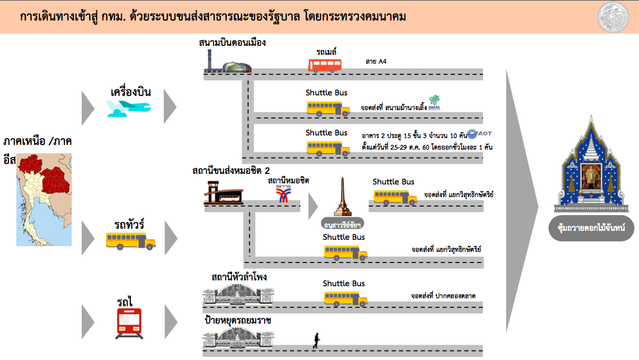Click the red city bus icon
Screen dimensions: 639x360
coord(325,65)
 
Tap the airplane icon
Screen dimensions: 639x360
coord(129,109)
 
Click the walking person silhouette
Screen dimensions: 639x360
coord(316,340)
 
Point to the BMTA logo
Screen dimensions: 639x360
coord(434,103)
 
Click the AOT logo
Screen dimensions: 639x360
coord(480,133)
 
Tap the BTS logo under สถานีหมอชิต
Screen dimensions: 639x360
coord(283,194)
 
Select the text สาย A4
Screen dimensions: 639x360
coord(376,61)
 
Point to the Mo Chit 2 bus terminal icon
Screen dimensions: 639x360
coord(224,193)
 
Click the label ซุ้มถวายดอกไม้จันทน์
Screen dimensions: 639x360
coord(592,228)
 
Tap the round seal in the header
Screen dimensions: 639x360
coord(613,17)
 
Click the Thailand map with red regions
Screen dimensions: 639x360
coord(44,200)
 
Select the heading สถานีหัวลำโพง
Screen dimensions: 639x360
coord(239,277)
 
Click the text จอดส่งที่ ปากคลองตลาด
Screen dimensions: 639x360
coord(443,296)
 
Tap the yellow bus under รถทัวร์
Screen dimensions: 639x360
coord(131,241)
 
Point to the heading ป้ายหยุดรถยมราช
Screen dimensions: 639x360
coord(238,320)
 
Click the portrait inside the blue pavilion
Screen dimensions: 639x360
coord(591,176)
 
